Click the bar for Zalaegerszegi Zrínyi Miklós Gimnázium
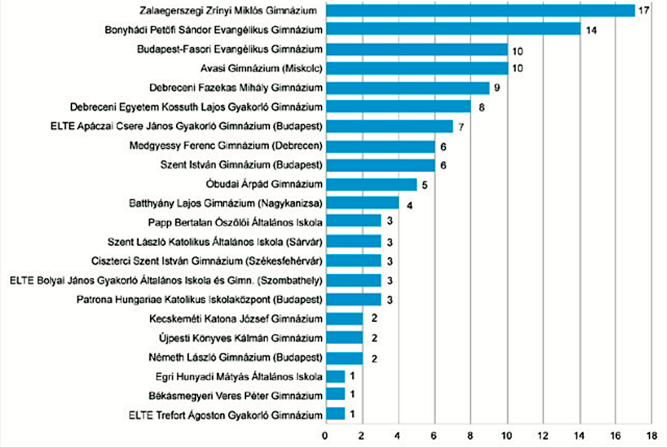pyautogui.click(x=481, y=11)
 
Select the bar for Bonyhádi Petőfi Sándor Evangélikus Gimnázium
pyautogui.click(x=454, y=29)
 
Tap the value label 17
pyautogui.click(x=644, y=10)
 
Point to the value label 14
pyautogui.click(x=591, y=30)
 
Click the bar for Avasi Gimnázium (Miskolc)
pyautogui.click(x=418, y=68)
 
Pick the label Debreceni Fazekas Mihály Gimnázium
pyautogui.click(x=235, y=87)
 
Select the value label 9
pyautogui.click(x=497, y=88)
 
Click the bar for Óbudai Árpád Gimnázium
pyautogui.click(x=372, y=185)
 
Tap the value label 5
pyautogui.click(x=424, y=185)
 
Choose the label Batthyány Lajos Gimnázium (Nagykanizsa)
pyautogui.click(x=226, y=203)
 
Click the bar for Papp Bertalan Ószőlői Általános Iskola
pyautogui.click(x=354, y=221)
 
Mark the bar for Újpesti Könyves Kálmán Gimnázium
pyautogui.click(x=345, y=337)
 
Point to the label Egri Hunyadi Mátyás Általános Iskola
pyautogui.click(x=239, y=377)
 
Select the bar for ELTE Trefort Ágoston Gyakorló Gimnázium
pyautogui.click(x=336, y=414)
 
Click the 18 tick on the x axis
pyautogui.click(x=651, y=436)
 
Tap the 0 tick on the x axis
pyautogui.click(x=325, y=436)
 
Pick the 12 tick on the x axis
pyautogui.click(x=542, y=436)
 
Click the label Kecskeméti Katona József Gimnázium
pyautogui.click(x=235, y=319)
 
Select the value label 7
pyautogui.click(x=461, y=127)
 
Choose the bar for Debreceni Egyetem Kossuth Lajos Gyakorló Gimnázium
pyautogui.click(x=399, y=106)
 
